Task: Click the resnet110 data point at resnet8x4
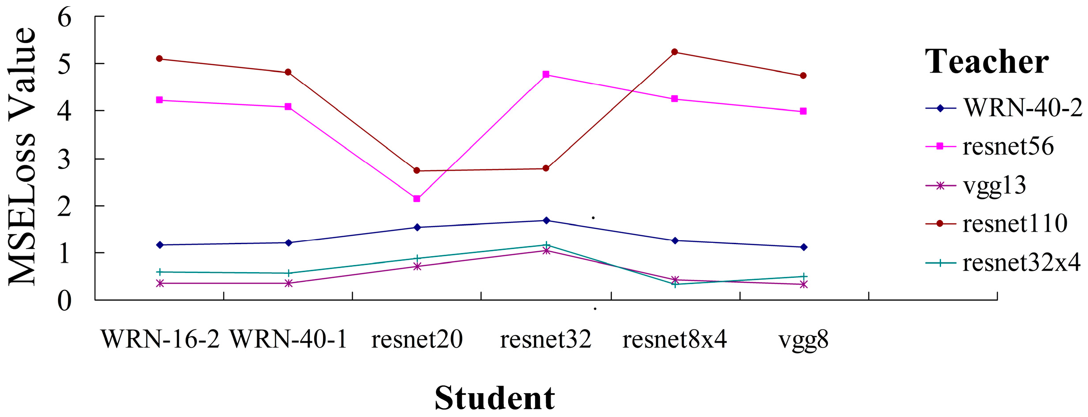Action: click(675, 52)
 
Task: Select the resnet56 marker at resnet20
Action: click(417, 199)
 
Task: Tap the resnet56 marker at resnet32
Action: click(546, 74)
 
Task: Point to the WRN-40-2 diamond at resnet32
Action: click(546, 220)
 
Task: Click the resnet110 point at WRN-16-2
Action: click(159, 58)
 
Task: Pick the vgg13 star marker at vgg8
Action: click(804, 284)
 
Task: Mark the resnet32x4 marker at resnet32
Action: click(547, 245)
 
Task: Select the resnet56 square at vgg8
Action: click(803, 111)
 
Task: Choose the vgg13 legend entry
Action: click(994, 185)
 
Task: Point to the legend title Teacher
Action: click(987, 62)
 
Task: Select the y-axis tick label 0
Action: click(64, 301)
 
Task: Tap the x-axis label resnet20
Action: click(417, 339)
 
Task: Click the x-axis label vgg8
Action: click(803, 339)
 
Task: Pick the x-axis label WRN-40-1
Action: click(289, 339)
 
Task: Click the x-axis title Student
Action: click(494, 398)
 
